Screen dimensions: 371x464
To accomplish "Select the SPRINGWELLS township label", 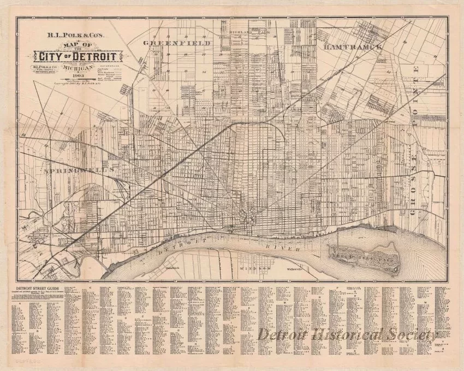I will click(x=76, y=170).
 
